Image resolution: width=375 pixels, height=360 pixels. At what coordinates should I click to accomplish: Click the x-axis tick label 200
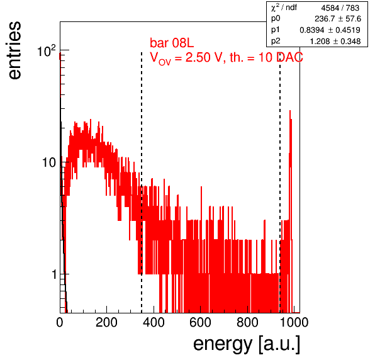106,323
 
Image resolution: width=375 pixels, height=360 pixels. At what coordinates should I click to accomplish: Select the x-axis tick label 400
154,323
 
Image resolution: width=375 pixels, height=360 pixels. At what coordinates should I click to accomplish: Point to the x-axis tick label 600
200,323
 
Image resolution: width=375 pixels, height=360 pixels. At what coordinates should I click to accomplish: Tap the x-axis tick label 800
247,323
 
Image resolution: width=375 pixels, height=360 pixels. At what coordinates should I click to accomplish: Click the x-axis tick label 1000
294,323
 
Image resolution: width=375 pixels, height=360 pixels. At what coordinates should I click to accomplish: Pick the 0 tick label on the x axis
60,323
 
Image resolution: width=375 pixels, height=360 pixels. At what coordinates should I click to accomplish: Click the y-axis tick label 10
49,162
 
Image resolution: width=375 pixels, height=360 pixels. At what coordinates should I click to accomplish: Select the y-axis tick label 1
54,274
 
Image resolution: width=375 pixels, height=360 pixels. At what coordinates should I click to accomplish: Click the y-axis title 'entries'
15,50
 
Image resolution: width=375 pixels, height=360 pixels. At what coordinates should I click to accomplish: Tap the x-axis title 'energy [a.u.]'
247,345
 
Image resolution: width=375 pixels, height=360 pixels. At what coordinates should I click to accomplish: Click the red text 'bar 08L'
172,43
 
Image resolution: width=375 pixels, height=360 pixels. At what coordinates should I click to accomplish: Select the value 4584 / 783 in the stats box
340,8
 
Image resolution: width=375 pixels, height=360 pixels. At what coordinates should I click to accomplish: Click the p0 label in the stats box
276,18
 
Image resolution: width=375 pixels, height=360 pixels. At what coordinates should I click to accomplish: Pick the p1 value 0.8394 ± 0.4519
330,30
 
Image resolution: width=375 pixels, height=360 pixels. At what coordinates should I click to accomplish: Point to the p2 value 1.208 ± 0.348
335,42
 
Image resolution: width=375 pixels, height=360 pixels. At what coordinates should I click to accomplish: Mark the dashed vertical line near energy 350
142,183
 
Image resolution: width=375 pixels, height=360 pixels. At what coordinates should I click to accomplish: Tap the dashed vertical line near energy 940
280,183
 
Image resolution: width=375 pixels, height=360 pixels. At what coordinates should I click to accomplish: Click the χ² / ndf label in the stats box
284,8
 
